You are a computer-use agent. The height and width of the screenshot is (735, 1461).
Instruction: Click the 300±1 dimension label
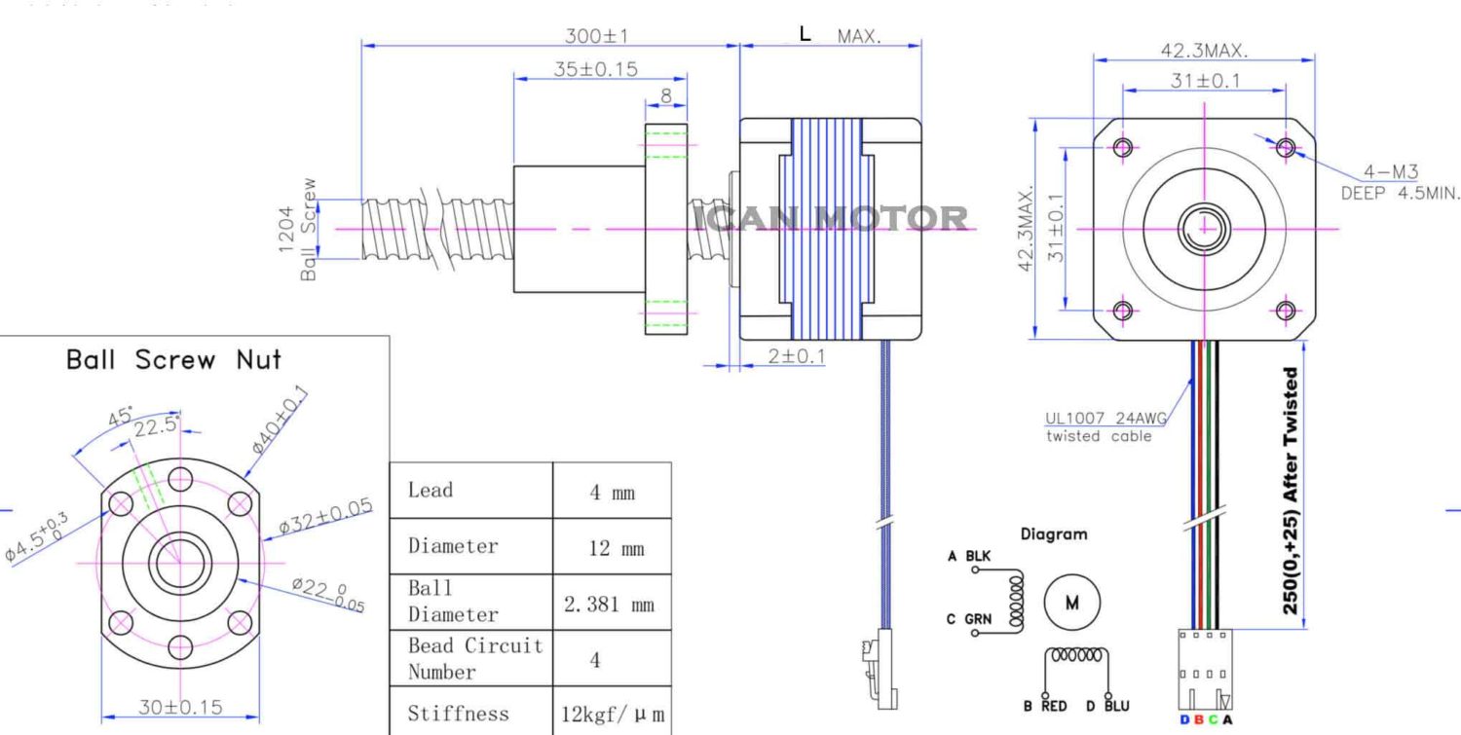(x=597, y=36)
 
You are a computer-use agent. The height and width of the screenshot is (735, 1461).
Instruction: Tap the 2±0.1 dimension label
(x=796, y=356)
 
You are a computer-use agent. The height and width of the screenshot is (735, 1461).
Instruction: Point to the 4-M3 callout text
(x=1390, y=172)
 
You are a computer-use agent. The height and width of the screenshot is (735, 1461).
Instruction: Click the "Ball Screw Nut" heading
(x=173, y=360)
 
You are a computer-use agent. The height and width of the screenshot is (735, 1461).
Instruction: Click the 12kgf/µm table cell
(x=612, y=715)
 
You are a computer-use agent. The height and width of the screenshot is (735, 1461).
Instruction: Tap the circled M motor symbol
(x=1072, y=603)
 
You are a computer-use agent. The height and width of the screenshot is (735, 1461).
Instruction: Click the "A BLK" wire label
(x=969, y=556)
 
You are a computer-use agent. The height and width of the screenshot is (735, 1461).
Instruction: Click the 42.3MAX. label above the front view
(x=1204, y=51)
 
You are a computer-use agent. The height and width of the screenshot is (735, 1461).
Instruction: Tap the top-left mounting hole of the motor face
(x=1123, y=147)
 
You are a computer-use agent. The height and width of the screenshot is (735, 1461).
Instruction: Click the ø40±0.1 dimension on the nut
(x=280, y=420)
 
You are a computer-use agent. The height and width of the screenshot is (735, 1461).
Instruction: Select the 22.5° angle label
(x=156, y=426)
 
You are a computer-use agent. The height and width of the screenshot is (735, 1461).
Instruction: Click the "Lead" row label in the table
(x=431, y=490)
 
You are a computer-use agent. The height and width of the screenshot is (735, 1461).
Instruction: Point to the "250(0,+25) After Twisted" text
(x=1291, y=490)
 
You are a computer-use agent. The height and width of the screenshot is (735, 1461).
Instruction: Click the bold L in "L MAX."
(x=805, y=34)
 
